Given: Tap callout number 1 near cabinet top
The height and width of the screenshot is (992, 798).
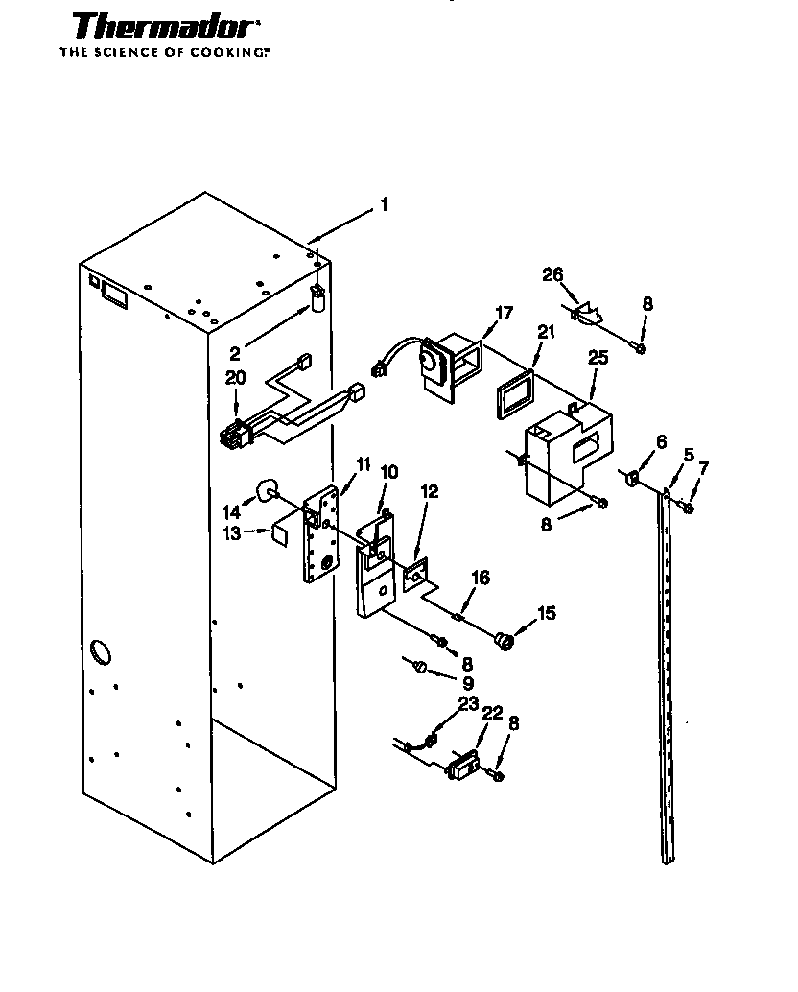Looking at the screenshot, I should [384, 204].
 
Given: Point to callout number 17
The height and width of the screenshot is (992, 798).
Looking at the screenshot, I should [504, 313].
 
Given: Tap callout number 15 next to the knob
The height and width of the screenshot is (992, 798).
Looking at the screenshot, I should [546, 612].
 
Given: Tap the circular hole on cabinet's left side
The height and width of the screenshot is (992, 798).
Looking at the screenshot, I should [100, 655].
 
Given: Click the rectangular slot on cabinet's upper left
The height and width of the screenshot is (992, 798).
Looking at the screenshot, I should [112, 294].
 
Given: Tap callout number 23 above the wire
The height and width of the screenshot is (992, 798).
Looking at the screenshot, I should [467, 703].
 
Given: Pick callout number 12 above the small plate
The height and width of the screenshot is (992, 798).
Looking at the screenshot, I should [429, 491].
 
